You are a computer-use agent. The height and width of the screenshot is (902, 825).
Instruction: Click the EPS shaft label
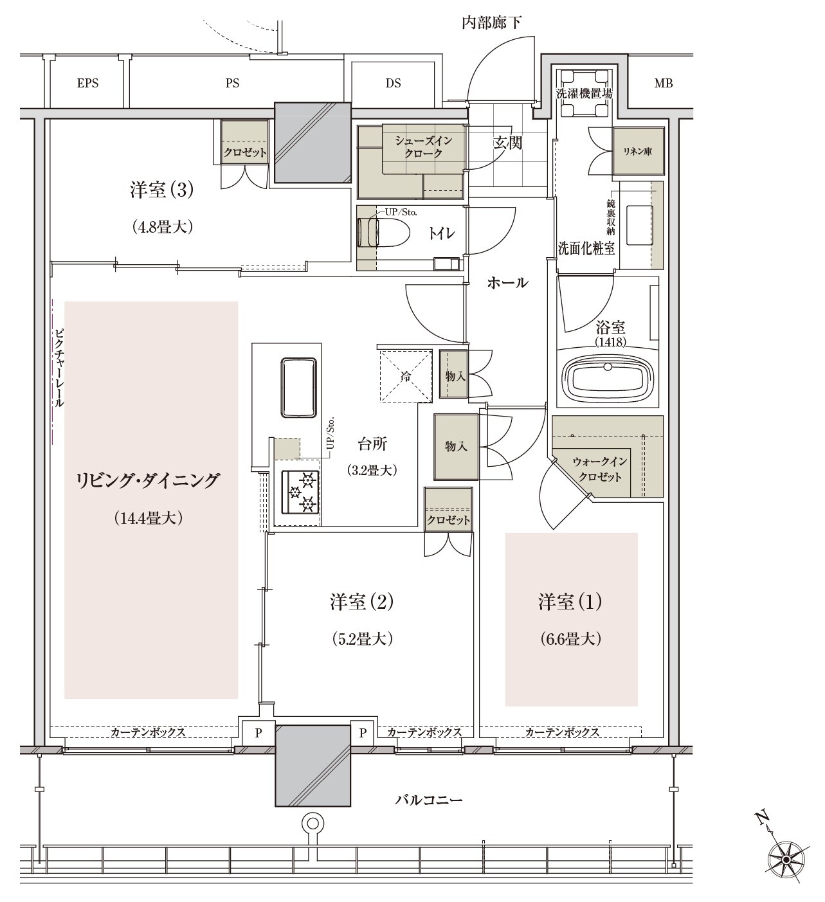tap(87, 83)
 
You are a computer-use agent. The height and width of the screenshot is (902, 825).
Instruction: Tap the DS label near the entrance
tap(393, 83)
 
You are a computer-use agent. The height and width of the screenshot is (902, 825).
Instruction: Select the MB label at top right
tap(664, 83)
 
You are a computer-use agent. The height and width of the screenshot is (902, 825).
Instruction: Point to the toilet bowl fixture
tap(383, 233)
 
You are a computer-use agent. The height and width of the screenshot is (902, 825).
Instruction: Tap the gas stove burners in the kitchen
tap(300, 492)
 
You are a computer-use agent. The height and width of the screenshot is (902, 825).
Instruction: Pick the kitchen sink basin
tap(299, 387)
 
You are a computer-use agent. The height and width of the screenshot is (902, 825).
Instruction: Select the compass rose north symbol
tap(785, 860)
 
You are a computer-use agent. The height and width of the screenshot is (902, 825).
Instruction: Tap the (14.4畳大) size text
tap(148, 518)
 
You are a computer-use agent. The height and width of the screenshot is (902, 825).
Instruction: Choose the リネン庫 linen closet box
tap(638, 152)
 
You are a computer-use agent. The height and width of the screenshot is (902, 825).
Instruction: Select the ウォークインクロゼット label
tap(600, 469)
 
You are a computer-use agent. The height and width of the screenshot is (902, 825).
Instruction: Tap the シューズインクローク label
tap(423, 147)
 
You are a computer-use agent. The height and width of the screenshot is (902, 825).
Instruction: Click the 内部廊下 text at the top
tap(492, 23)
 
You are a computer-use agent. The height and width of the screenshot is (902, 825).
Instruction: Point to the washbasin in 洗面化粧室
tap(639, 225)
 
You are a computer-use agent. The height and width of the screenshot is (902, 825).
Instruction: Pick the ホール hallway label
tap(507, 283)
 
